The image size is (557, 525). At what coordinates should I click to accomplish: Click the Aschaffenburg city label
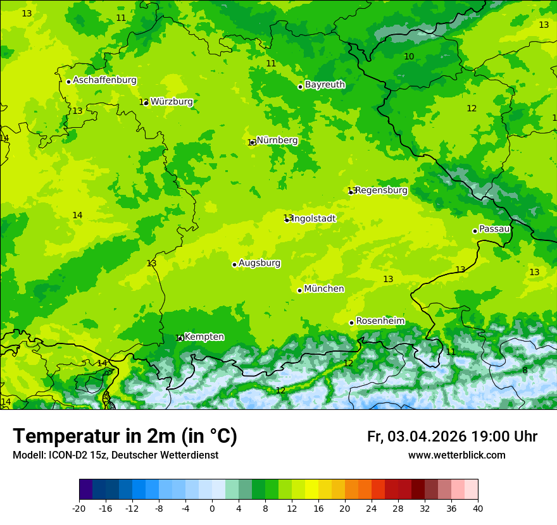[x=104, y=80]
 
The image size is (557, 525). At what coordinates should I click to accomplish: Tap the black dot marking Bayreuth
[x=300, y=87]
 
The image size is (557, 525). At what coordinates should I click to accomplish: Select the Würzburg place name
[x=172, y=101]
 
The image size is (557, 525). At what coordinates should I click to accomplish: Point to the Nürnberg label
[x=277, y=140]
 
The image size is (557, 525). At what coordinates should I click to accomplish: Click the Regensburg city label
[x=382, y=190]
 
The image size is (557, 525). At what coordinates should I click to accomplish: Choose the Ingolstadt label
[x=313, y=218]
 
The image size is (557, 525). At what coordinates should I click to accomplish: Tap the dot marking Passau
[x=475, y=231]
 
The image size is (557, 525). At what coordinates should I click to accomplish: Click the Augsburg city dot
[x=234, y=264]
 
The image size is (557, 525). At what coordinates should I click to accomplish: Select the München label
[x=324, y=289]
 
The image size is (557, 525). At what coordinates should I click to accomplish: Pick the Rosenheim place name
[x=380, y=321]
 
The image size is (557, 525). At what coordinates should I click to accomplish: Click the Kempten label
[x=204, y=337]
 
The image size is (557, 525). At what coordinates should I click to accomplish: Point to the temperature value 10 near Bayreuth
[x=409, y=57]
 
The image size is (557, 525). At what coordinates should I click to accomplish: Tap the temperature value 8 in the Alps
[x=525, y=371]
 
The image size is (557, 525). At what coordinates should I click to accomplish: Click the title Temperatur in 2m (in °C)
[x=125, y=436]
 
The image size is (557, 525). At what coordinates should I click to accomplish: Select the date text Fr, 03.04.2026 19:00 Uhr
[x=452, y=436]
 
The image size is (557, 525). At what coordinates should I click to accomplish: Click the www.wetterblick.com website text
[x=456, y=455]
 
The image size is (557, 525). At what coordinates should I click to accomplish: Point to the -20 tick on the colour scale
[x=79, y=508]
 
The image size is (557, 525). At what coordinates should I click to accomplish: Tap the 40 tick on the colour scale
[x=478, y=508]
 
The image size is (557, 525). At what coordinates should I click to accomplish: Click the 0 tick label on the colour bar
[x=212, y=508]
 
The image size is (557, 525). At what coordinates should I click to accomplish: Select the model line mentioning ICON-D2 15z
[x=115, y=455]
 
